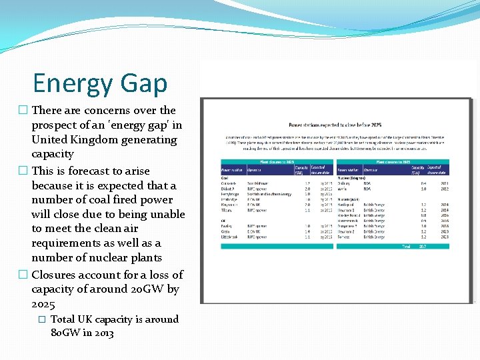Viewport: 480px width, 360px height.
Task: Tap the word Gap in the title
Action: (x=143, y=84)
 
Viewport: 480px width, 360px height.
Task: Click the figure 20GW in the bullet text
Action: (x=146, y=289)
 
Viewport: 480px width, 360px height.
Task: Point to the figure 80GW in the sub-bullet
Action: (x=67, y=332)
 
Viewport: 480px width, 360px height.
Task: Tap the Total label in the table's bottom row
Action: (x=405, y=247)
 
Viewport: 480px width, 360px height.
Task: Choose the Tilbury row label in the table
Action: (x=229, y=210)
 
